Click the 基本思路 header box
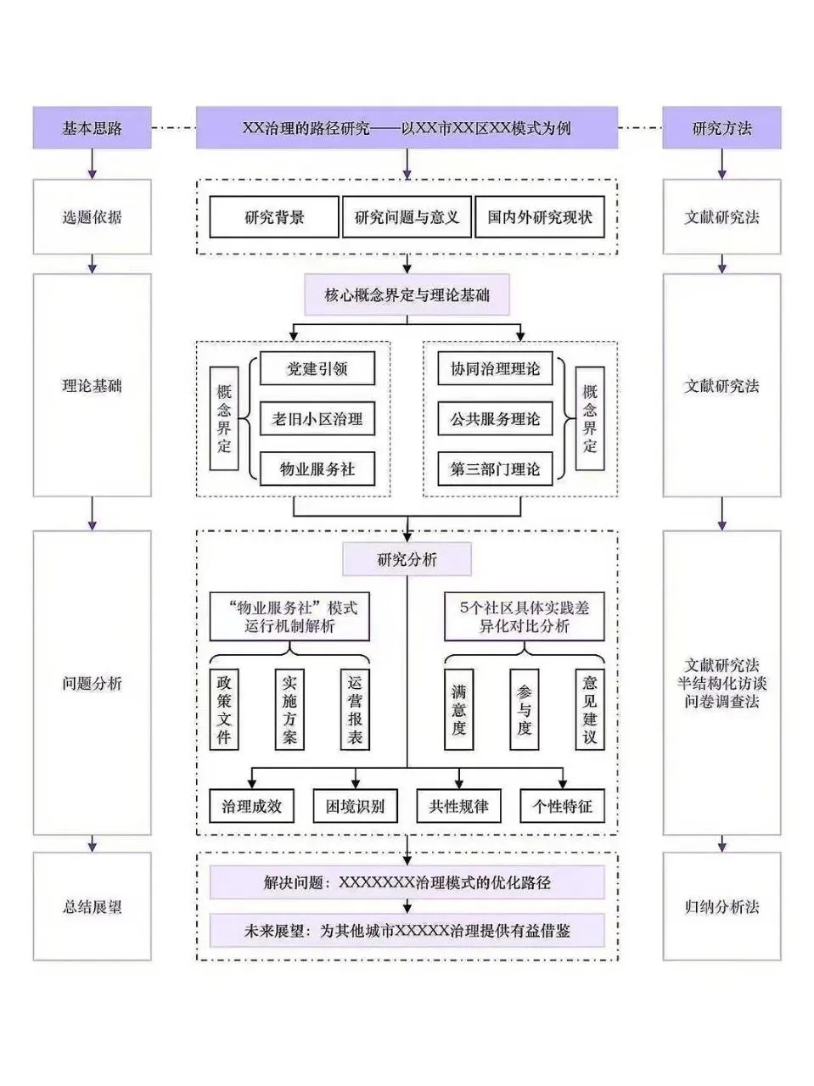(x=92, y=127)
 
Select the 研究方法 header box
(x=722, y=127)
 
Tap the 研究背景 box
(x=274, y=216)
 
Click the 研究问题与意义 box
(x=407, y=216)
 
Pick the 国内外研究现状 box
(x=540, y=216)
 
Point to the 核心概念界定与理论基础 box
(x=407, y=295)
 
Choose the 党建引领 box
(x=317, y=368)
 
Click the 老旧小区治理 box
(x=317, y=419)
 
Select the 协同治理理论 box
(x=496, y=368)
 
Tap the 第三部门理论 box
(x=496, y=469)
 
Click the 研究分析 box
(x=407, y=559)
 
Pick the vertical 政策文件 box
(x=224, y=709)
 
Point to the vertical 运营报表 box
(x=355, y=709)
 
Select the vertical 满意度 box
(x=458, y=709)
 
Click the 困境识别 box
(x=356, y=806)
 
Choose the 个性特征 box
(x=563, y=806)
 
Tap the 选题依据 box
(x=92, y=216)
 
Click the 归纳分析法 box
(x=722, y=906)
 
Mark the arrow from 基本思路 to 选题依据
(x=92, y=165)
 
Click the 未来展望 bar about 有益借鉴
(x=407, y=931)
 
